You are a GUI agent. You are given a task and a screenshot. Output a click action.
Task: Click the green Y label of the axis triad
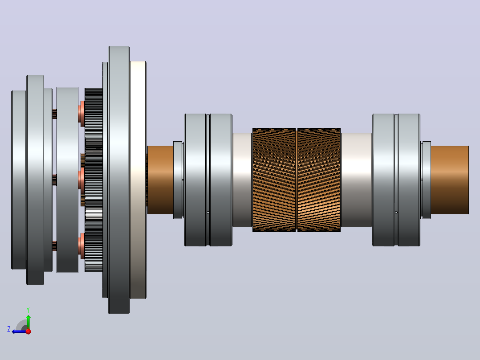(28, 310)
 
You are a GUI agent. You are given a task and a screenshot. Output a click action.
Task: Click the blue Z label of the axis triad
(9, 329)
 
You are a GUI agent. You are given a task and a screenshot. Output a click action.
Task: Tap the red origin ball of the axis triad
(28, 331)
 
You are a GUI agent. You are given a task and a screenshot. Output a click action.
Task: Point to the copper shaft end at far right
(450, 180)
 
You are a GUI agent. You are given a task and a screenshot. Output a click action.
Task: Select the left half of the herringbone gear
(274, 180)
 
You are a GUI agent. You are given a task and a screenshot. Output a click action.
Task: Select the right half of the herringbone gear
(319, 180)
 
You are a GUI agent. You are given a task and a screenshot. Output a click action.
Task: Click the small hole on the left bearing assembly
(208, 213)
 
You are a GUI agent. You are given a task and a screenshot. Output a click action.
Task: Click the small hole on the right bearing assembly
(396, 212)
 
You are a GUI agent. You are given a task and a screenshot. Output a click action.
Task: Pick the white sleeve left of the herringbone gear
(242, 180)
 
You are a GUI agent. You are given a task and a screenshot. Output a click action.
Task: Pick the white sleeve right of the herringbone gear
(356, 180)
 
